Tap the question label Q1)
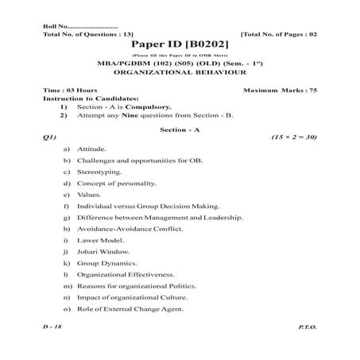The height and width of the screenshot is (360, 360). [50, 137]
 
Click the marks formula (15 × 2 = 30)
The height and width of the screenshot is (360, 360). [295, 137]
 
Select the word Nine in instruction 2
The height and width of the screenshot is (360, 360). [125, 114]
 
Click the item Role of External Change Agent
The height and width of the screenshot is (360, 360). [131, 308]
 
